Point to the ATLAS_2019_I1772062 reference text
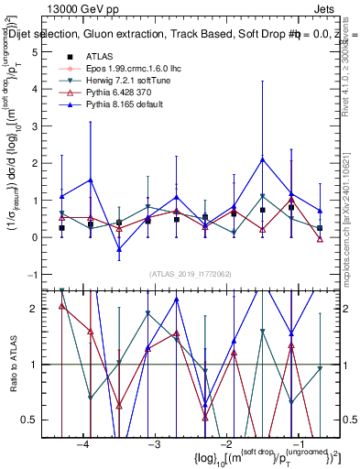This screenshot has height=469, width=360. click(190, 274)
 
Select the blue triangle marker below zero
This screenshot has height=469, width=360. click(118, 249)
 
